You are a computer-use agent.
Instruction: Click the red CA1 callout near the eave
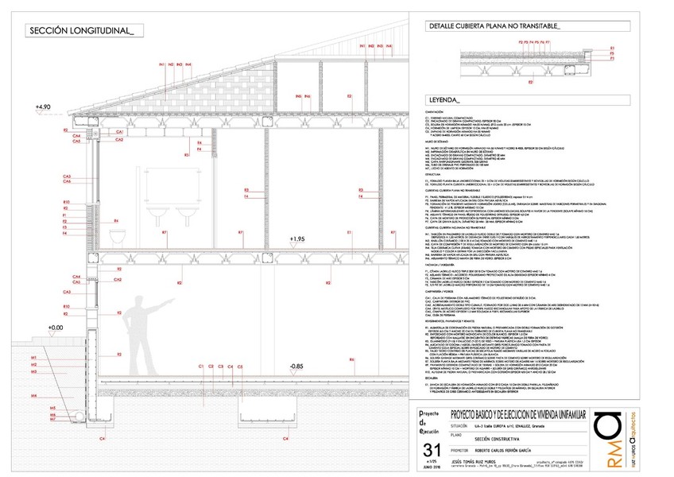click(x=118, y=131)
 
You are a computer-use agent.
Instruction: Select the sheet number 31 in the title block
click(x=425, y=449)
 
